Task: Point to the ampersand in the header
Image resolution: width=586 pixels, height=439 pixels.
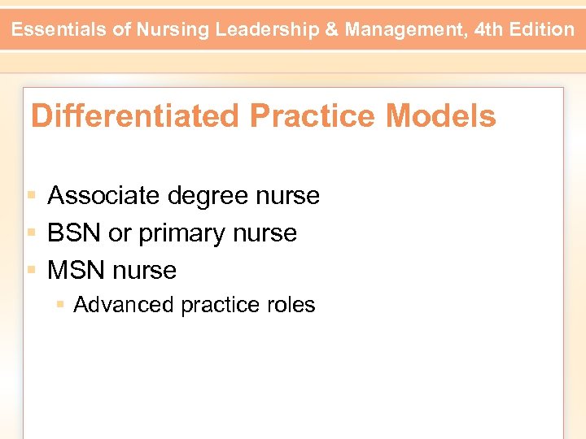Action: [333, 30]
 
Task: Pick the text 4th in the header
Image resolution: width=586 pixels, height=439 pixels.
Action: [489, 30]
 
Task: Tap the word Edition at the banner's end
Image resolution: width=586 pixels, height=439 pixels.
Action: [543, 30]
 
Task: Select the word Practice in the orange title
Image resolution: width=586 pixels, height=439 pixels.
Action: [313, 116]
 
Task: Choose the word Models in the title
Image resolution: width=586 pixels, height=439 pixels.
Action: [440, 116]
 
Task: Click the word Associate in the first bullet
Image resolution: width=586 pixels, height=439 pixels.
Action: [103, 195]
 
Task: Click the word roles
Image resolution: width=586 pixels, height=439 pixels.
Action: [291, 305]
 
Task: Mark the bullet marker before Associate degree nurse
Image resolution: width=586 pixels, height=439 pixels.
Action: [32, 196]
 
